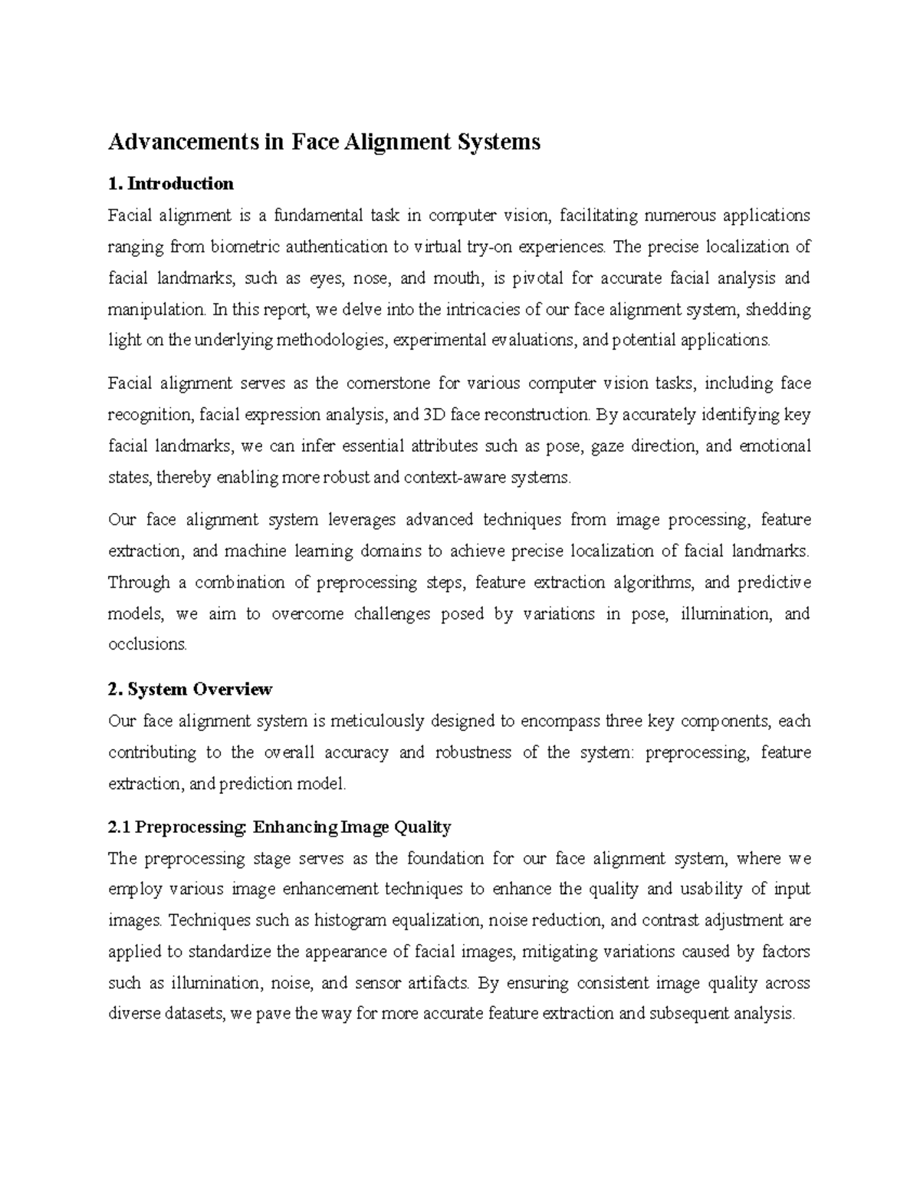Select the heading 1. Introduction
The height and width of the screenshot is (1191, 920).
[x=171, y=184]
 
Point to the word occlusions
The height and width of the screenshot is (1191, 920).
[x=147, y=645]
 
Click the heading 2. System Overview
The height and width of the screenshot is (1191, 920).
[x=190, y=689]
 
